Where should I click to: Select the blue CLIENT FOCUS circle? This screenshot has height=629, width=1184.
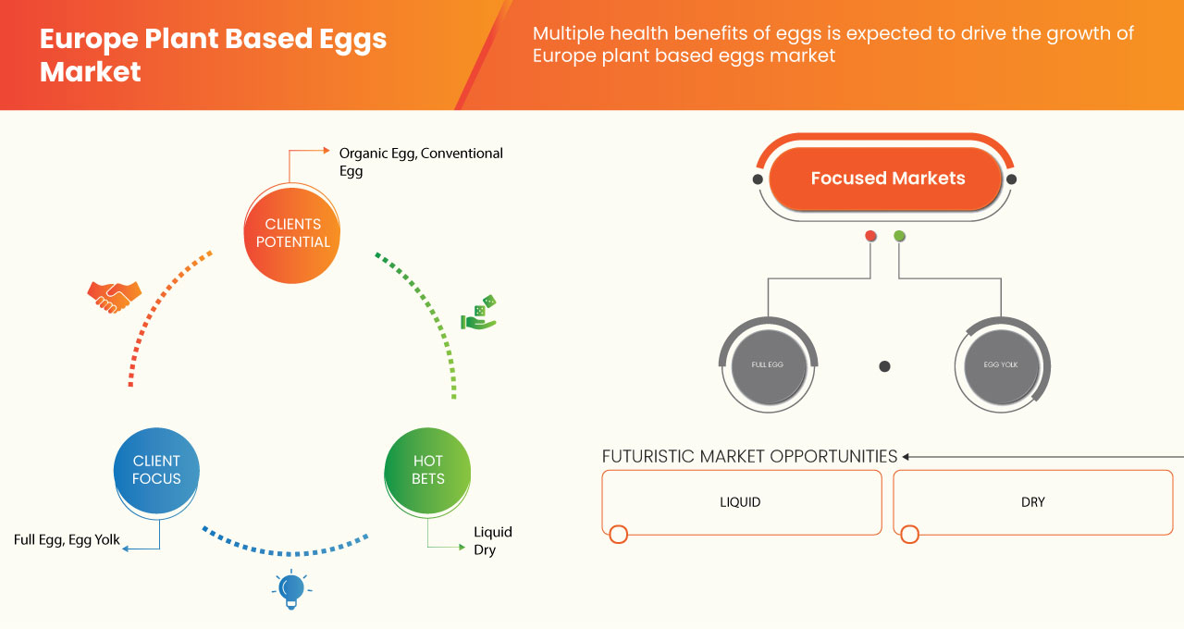(x=156, y=470)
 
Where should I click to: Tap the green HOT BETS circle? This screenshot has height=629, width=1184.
(x=427, y=470)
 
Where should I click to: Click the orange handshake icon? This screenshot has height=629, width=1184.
(x=114, y=296)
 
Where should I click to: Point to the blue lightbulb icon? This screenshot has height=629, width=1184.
(x=291, y=589)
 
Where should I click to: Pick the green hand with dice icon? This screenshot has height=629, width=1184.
(x=479, y=314)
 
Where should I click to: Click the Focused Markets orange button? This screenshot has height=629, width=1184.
(x=886, y=179)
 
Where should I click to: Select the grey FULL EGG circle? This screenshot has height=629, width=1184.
(x=768, y=364)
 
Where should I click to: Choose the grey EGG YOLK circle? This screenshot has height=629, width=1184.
(x=1000, y=364)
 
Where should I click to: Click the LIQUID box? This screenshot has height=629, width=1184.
(x=741, y=502)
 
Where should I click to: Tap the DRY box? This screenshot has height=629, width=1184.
(x=1032, y=502)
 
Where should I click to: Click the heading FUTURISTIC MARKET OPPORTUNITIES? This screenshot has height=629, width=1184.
(x=749, y=456)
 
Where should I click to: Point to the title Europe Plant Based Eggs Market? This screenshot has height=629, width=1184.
(x=213, y=55)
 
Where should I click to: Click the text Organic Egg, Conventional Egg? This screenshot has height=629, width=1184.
(x=421, y=162)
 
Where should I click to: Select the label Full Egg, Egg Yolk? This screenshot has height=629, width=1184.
(x=67, y=540)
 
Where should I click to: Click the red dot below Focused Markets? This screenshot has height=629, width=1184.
(x=870, y=237)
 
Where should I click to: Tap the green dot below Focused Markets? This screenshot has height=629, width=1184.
(x=899, y=237)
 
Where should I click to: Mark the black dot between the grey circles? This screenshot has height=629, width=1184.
(x=884, y=366)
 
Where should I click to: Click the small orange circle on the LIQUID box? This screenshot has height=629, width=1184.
(x=619, y=534)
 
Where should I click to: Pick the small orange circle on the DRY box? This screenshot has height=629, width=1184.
(x=909, y=534)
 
